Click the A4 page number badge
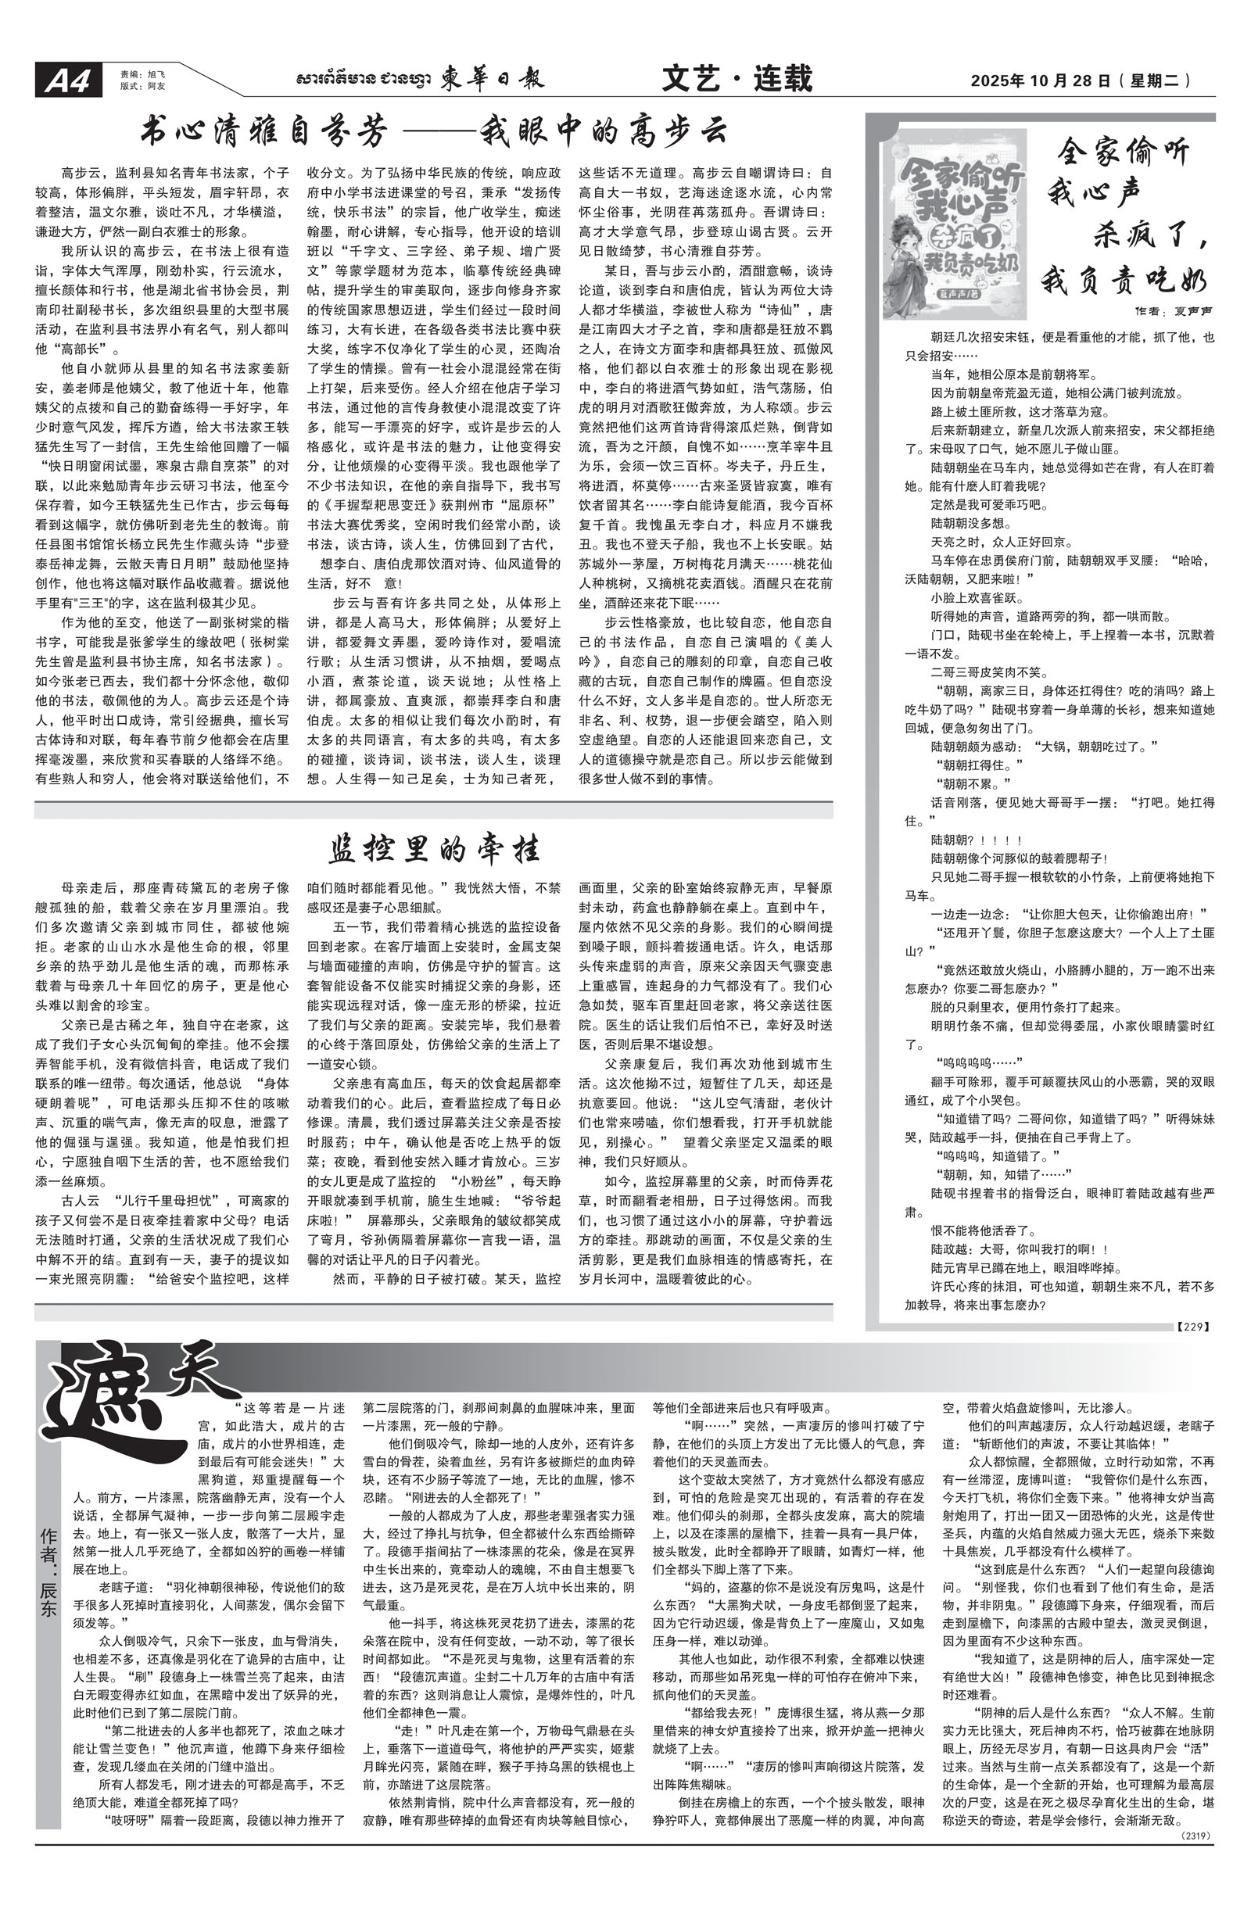pyautogui.click(x=67, y=81)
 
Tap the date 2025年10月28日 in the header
pyautogui.click(x=1041, y=81)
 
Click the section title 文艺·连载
pyautogui.click(x=737, y=78)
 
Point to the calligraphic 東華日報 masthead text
pyautogui.click(x=491, y=79)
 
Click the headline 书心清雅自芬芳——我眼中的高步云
pyautogui.click(x=433, y=131)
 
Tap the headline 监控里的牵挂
pyautogui.click(x=433, y=849)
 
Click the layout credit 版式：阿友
pyautogui.click(x=134, y=85)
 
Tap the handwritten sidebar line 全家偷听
pyautogui.click(x=1122, y=151)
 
